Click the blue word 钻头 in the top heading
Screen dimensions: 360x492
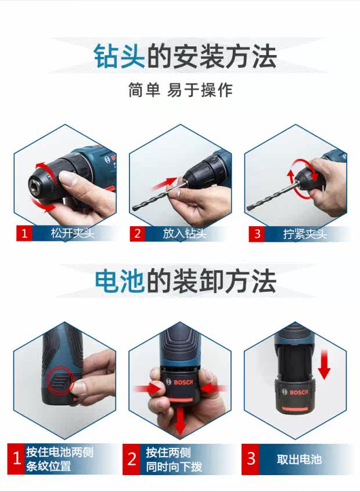(120, 56)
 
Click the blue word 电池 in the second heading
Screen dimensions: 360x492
(120, 281)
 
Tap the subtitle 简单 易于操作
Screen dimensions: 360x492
(181, 90)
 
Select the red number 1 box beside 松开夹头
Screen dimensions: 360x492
(24, 233)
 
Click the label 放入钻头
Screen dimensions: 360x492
(185, 233)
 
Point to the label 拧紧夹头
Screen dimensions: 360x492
(305, 234)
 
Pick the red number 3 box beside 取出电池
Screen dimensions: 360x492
(250, 459)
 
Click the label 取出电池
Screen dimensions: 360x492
(299, 460)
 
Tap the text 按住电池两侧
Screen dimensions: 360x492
(60, 452)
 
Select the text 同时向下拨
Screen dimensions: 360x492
(174, 466)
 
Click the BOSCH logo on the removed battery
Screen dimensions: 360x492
(295, 392)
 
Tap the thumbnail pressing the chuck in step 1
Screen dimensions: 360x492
(67, 179)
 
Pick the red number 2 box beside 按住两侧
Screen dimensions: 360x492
(131, 459)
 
